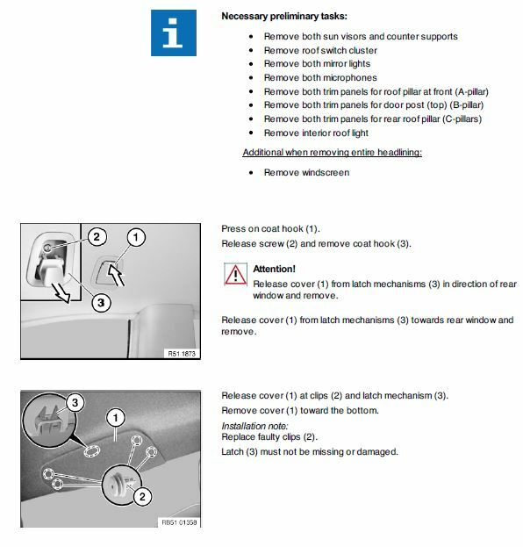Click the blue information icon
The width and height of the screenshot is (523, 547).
click(174, 32)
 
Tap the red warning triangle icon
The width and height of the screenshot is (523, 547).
click(235, 274)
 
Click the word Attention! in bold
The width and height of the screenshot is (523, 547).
click(274, 269)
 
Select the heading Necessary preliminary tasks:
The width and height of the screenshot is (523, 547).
click(284, 16)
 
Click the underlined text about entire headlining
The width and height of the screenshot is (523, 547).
click(333, 153)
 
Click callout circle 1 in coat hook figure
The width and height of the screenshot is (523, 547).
click(136, 237)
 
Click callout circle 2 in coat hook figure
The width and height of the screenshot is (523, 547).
click(97, 237)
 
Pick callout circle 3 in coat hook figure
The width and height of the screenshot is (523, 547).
click(101, 302)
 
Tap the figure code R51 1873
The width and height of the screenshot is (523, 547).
click(182, 354)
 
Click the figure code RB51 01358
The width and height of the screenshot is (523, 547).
click(179, 522)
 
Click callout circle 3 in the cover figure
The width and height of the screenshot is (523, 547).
click(75, 403)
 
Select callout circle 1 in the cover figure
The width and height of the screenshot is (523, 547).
click(116, 418)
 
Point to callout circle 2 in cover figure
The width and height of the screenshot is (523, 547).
click(142, 496)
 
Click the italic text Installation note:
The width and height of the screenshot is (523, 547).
click(254, 426)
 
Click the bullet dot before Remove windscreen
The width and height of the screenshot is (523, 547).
click(251, 173)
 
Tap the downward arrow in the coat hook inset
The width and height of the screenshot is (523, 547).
click(61, 292)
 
